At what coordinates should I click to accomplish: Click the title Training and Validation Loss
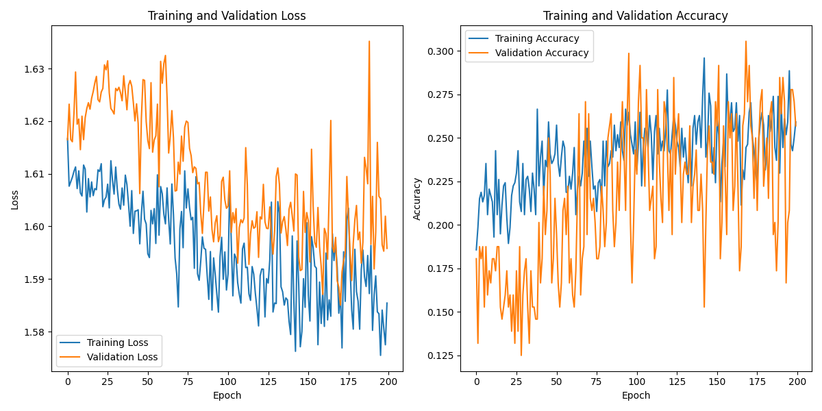(x=227, y=16)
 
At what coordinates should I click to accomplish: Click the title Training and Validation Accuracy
(x=636, y=16)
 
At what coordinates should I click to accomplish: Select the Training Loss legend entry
(x=118, y=342)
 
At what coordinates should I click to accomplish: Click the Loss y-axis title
(x=15, y=199)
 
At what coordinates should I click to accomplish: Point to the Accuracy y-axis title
(x=416, y=199)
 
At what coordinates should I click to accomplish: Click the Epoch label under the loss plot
(x=227, y=395)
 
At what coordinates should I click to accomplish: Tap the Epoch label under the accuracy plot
(x=636, y=395)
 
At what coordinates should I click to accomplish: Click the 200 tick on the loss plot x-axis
(x=388, y=382)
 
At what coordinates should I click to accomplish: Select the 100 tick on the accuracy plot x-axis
(x=637, y=382)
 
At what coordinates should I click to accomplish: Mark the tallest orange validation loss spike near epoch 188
(x=369, y=42)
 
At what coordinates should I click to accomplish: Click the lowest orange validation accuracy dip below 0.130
(x=521, y=354)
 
